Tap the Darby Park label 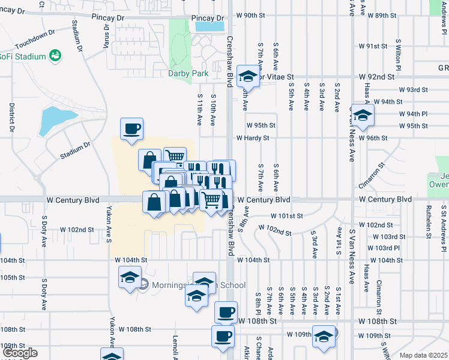point(185,74)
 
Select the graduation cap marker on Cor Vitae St point(247,76)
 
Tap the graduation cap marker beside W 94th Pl point(363,115)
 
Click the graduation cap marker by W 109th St point(324,337)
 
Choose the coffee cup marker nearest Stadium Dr point(131,129)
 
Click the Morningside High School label point(189,285)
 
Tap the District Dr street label point(11,117)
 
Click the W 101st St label point(286,216)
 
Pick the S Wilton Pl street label point(398,53)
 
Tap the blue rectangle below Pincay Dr point(209,26)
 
